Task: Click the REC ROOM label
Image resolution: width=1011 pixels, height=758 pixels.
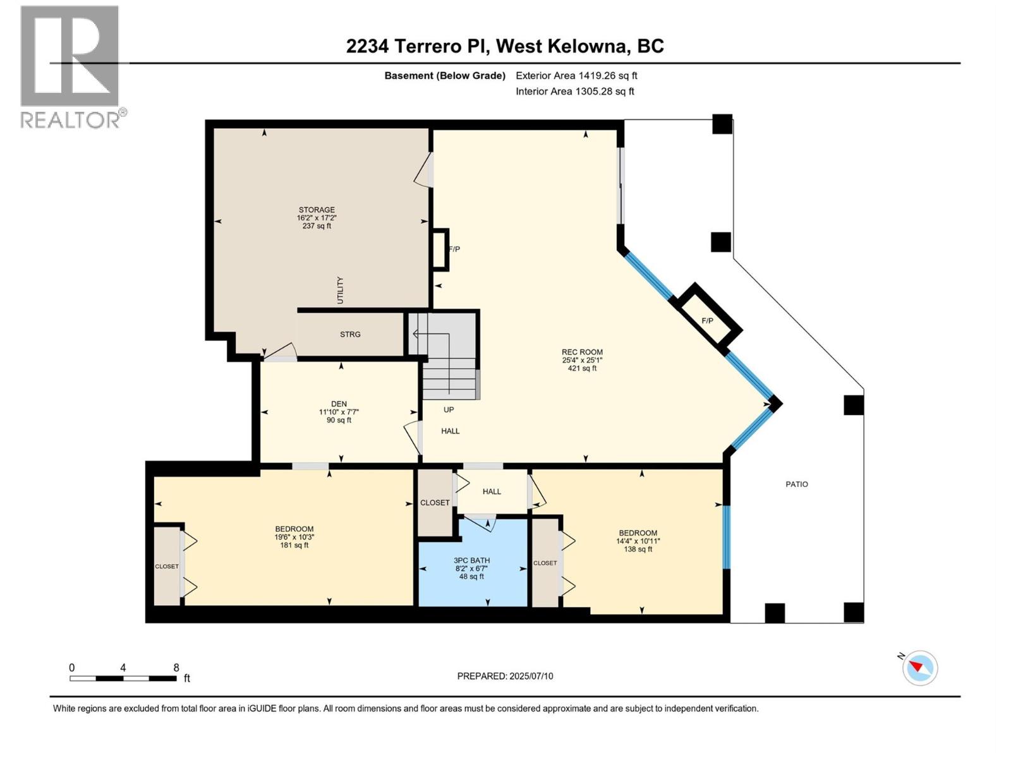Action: pyautogui.click(x=582, y=352)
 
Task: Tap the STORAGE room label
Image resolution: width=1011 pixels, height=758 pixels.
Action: pyautogui.click(x=317, y=210)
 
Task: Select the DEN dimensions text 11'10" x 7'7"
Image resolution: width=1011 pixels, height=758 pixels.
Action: pyautogui.click(x=339, y=412)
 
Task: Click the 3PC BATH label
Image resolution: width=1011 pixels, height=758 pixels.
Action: pyautogui.click(x=471, y=560)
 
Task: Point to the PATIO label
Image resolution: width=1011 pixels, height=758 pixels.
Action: pyautogui.click(x=796, y=484)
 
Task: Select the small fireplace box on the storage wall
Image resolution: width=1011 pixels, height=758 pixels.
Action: pyautogui.click(x=440, y=250)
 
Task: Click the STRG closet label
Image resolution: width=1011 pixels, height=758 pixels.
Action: pyautogui.click(x=350, y=334)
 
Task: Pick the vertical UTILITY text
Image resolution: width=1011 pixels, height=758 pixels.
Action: pyautogui.click(x=340, y=290)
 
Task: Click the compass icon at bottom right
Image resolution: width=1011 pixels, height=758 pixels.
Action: pyautogui.click(x=920, y=668)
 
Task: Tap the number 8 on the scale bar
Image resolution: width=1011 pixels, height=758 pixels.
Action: pyautogui.click(x=176, y=668)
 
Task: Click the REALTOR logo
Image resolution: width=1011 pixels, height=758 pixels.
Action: pyautogui.click(x=71, y=66)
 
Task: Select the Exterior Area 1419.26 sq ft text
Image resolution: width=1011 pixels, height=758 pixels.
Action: pyautogui.click(x=576, y=76)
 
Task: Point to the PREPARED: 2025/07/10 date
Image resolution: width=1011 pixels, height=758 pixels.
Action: pyautogui.click(x=505, y=676)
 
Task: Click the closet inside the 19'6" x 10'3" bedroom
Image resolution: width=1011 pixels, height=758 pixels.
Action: pyautogui.click(x=167, y=566)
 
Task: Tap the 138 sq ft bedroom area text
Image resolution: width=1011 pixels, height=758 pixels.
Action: pyautogui.click(x=638, y=550)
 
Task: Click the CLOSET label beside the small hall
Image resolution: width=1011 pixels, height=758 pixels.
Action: pyautogui.click(x=435, y=503)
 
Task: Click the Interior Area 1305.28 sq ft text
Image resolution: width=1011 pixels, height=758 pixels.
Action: pyautogui.click(x=574, y=92)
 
